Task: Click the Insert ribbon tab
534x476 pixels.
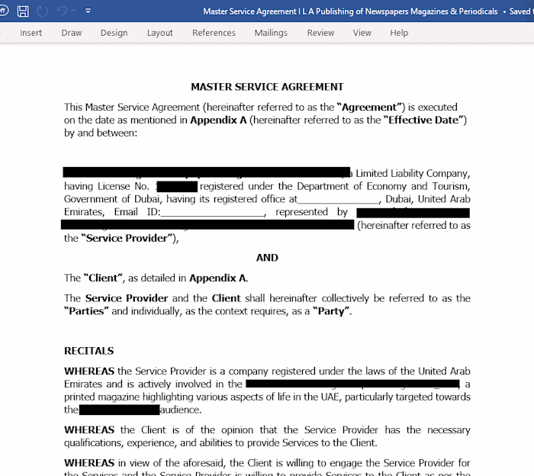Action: (x=31, y=33)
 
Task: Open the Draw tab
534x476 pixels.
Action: (x=72, y=33)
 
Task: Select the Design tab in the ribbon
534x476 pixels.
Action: (x=114, y=33)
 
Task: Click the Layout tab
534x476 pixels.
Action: (x=160, y=33)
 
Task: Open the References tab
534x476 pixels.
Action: (x=214, y=33)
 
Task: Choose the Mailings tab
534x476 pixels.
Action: (x=271, y=33)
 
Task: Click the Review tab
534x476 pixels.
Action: (x=320, y=33)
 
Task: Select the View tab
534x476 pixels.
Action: (x=362, y=33)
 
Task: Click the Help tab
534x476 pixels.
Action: (x=399, y=33)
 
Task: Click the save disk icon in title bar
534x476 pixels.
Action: (x=23, y=11)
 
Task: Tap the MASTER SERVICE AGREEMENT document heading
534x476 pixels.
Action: (x=267, y=87)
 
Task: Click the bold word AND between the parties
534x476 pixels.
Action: (x=267, y=258)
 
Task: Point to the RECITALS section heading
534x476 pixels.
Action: (x=89, y=351)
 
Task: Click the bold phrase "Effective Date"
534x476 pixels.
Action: (x=425, y=121)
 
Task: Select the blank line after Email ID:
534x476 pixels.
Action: (x=213, y=213)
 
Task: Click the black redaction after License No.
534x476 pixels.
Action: (x=177, y=187)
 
